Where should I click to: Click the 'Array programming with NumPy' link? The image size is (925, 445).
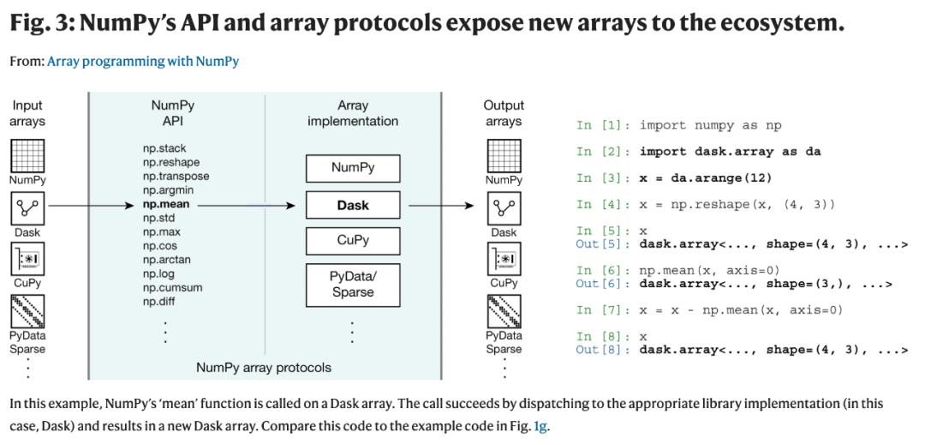coord(143,62)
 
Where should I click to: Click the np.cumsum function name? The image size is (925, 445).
coord(172,288)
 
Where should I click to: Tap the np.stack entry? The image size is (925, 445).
coord(164,148)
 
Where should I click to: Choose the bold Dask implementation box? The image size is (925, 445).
coord(353,206)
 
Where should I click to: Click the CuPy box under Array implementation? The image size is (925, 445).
coord(353,241)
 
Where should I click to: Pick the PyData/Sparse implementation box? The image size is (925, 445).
coord(353,285)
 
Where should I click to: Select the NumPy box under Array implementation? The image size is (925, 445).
coord(353,168)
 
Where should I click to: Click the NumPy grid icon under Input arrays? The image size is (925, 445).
coord(27,156)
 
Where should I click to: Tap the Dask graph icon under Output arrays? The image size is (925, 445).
coord(504,207)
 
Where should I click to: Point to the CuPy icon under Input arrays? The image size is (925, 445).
coord(27,258)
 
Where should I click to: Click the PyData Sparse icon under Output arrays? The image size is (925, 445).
coord(504,311)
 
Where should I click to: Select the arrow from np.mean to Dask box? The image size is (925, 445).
coord(246,206)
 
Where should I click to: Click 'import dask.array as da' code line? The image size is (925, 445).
coord(731,152)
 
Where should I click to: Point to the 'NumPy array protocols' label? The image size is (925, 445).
coord(264,368)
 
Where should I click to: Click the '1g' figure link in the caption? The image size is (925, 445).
coord(540,426)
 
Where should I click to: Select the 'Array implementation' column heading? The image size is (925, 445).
coord(353,113)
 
